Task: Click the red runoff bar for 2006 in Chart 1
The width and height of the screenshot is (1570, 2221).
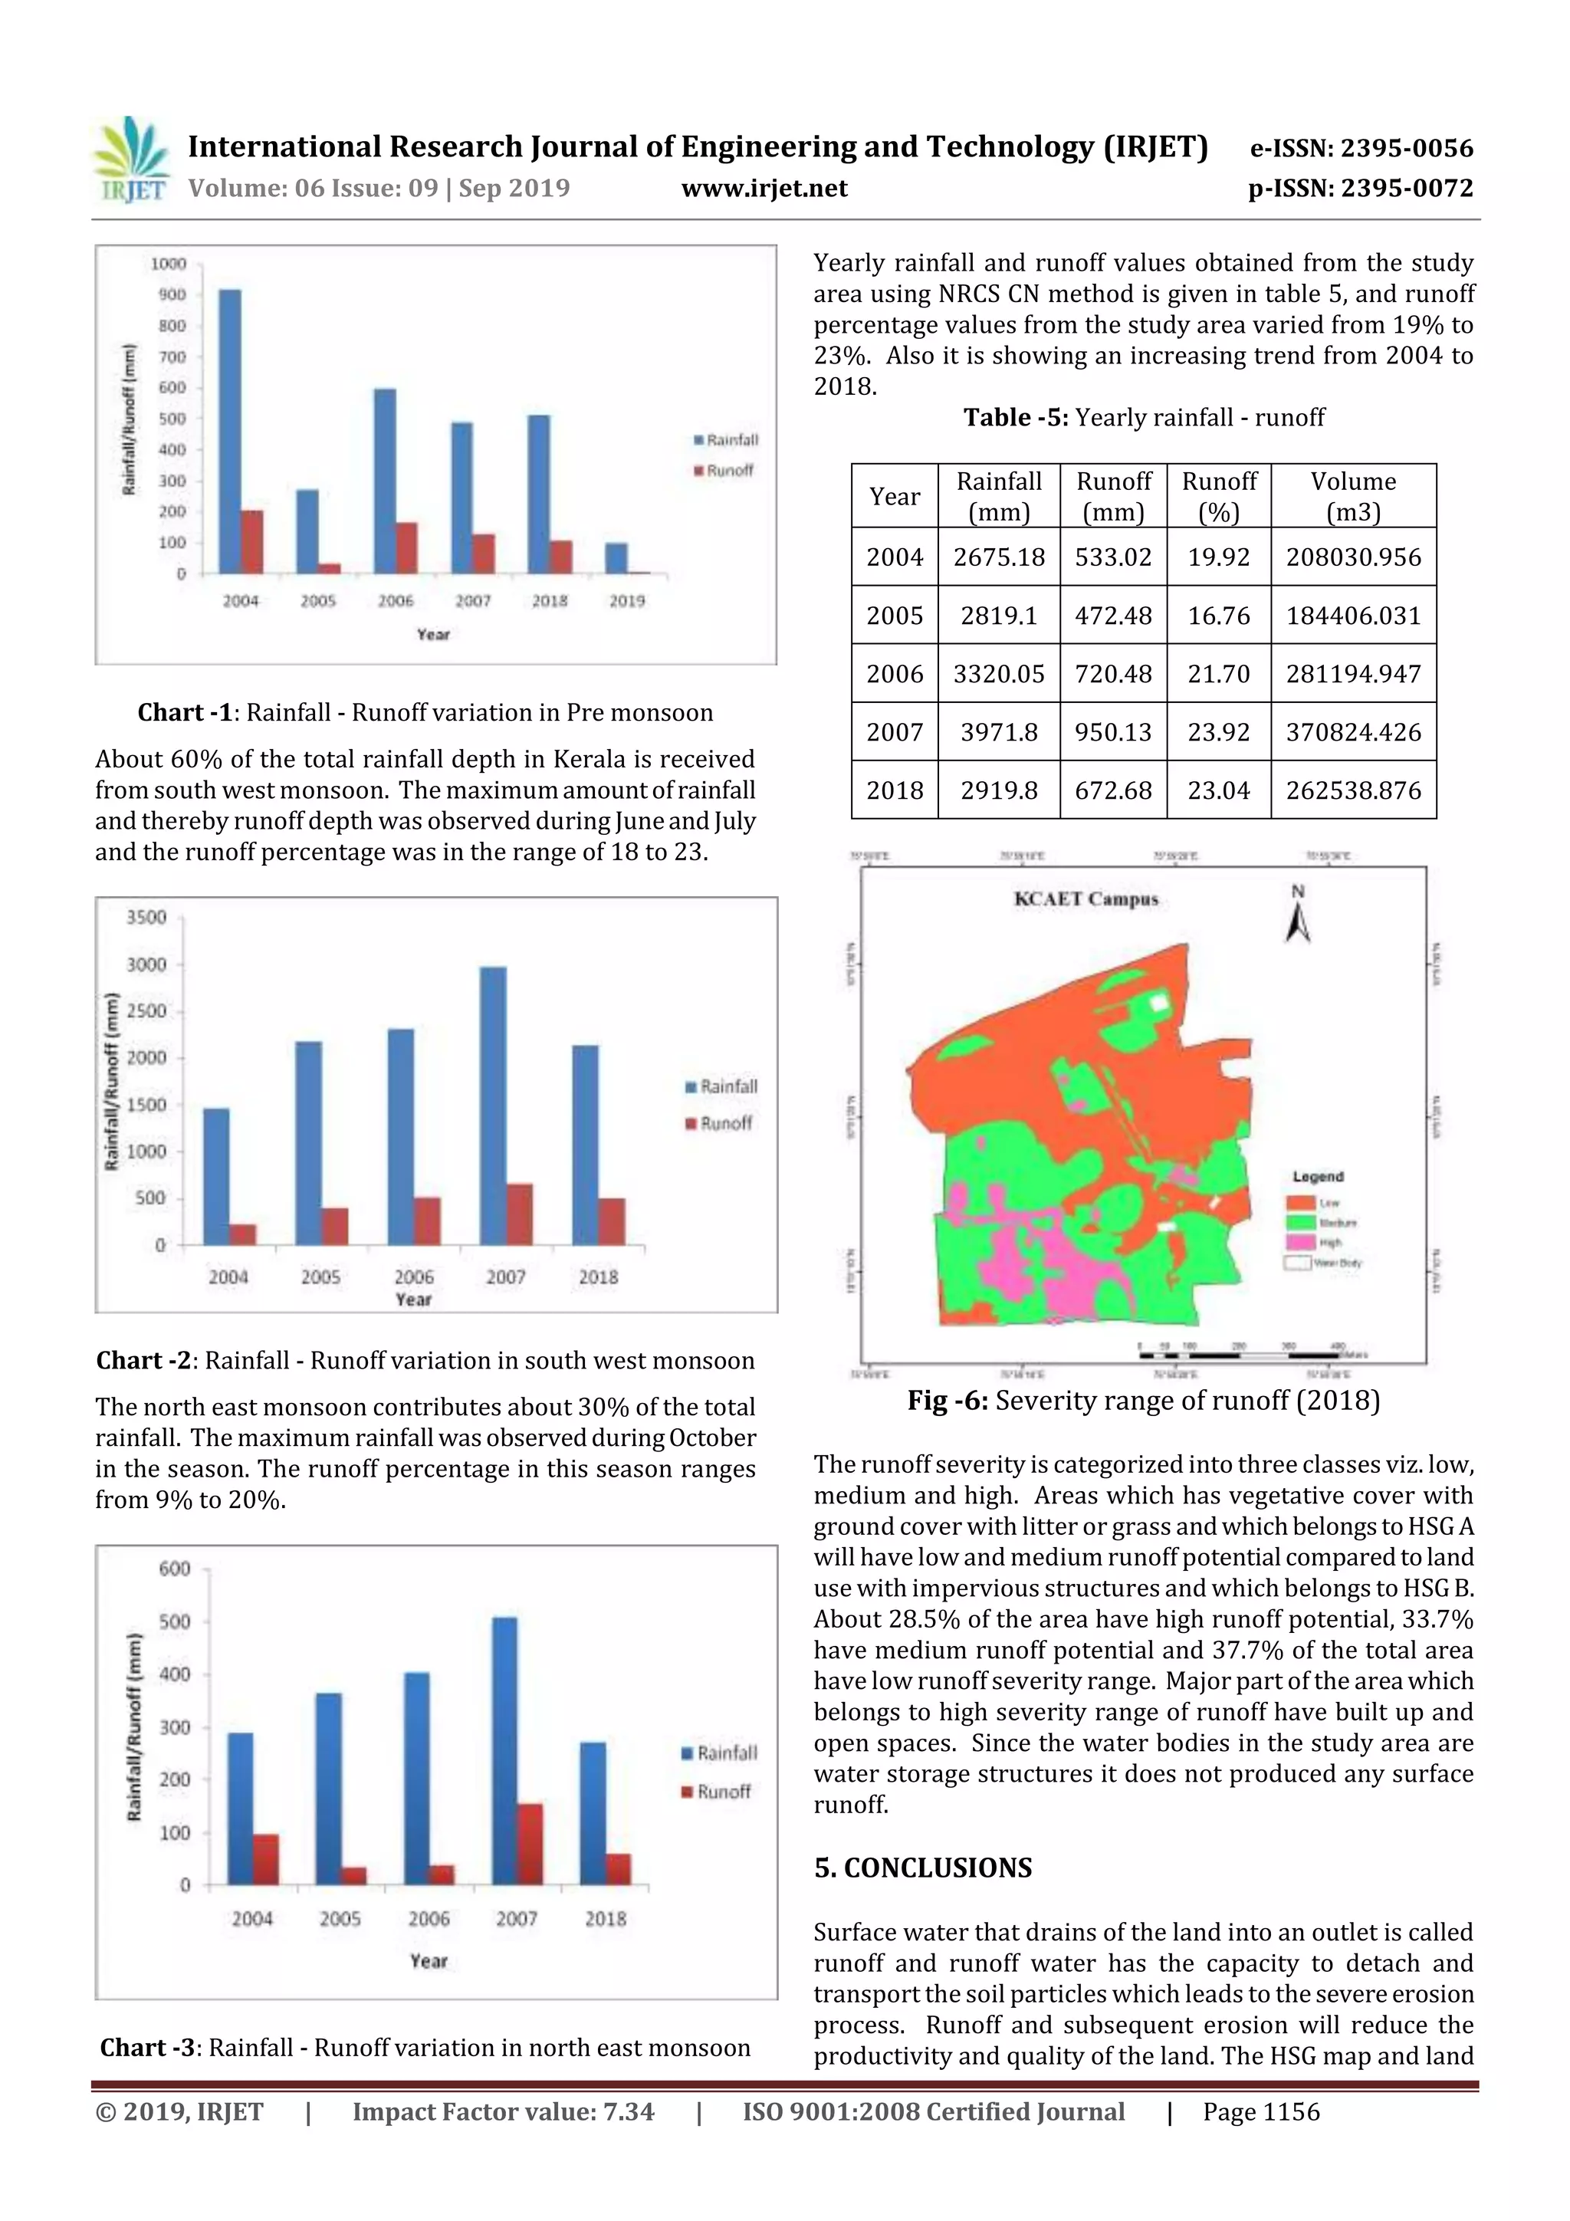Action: tap(406, 547)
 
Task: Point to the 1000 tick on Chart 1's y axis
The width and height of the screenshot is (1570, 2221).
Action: tap(169, 264)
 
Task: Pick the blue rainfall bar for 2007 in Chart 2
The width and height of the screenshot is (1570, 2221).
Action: tap(492, 1106)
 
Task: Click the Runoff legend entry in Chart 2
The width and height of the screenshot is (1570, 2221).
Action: tap(720, 1123)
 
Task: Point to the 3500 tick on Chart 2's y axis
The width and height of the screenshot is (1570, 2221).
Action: tap(147, 917)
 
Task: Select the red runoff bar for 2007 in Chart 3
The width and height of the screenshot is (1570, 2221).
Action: tap(529, 1844)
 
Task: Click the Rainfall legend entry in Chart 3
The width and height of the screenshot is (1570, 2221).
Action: tap(720, 1753)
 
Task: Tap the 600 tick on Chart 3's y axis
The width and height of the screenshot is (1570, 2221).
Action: tap(175, 1569)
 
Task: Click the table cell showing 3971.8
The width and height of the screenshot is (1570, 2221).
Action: tap(998, 732)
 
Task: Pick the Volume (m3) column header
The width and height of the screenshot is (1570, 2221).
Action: tap(1352, 496)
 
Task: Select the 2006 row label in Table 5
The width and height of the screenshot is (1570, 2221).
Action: tap(894, 674)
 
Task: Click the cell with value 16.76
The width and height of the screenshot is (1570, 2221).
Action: tap(1218, 616)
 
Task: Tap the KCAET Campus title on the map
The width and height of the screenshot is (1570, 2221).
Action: tap(1086, 899)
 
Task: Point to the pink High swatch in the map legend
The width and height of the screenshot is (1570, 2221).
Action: tap(1299, 1242)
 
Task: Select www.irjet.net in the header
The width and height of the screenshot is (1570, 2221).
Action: tap(764, 188)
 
